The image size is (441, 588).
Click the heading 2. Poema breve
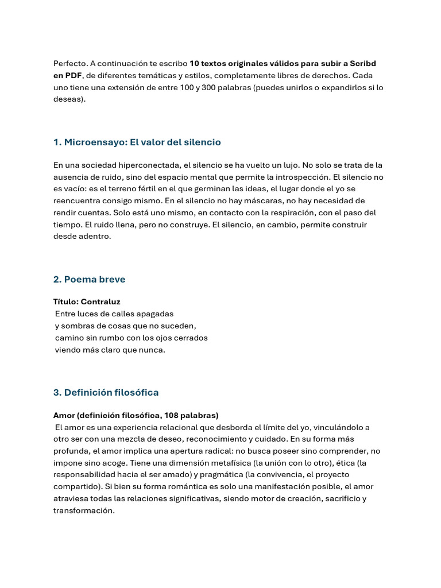(x=89, y=279)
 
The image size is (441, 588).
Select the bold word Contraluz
(x=100, y=301)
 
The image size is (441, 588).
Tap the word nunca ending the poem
(x=152, y=350)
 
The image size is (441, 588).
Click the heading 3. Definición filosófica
(x=106, y=392)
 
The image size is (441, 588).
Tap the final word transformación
(x=84, y=510)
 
